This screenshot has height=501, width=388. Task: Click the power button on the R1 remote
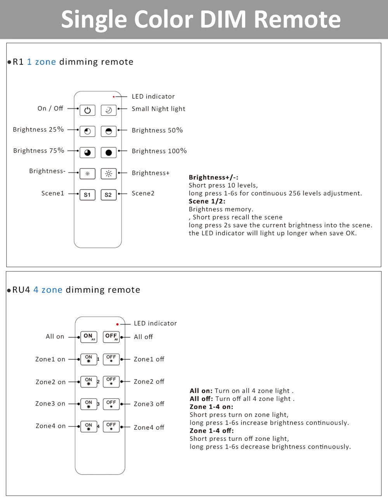coord(87,110)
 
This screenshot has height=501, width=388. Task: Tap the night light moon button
coord(109,110)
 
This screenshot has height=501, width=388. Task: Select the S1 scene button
coord(87,195)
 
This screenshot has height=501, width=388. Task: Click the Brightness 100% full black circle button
coord(109,153)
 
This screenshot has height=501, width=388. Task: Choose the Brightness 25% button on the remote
coord(87,131)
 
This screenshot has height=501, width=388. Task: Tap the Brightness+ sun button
coord(109,174)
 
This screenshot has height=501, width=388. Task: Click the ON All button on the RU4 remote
coord(89,337)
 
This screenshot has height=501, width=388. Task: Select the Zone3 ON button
coord(89,404)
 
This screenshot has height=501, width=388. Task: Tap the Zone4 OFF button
coord(111,426)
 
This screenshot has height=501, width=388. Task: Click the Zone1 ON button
coord(89,359)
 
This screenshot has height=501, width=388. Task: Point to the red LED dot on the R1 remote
coord(114,97)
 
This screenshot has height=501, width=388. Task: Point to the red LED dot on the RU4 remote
coord(117,324)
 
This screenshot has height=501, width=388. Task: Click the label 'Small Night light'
coord(158,109)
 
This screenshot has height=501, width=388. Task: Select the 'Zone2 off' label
coord(149,382)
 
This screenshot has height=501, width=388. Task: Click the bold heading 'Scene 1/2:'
coord(207,201)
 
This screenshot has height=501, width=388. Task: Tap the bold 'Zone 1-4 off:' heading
coord(211,431)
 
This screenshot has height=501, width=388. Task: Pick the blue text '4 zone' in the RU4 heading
coord(48,290)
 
